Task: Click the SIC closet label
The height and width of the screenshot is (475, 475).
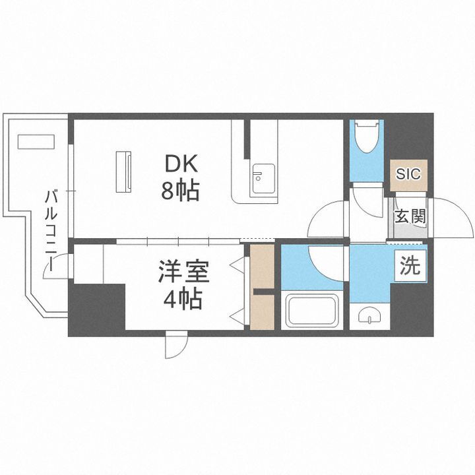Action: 408,175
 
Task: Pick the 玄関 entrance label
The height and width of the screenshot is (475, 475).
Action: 410,216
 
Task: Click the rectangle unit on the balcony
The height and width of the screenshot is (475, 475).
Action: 36,142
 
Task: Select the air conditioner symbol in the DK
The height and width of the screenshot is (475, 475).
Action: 124,172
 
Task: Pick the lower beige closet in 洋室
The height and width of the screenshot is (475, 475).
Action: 262,311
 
